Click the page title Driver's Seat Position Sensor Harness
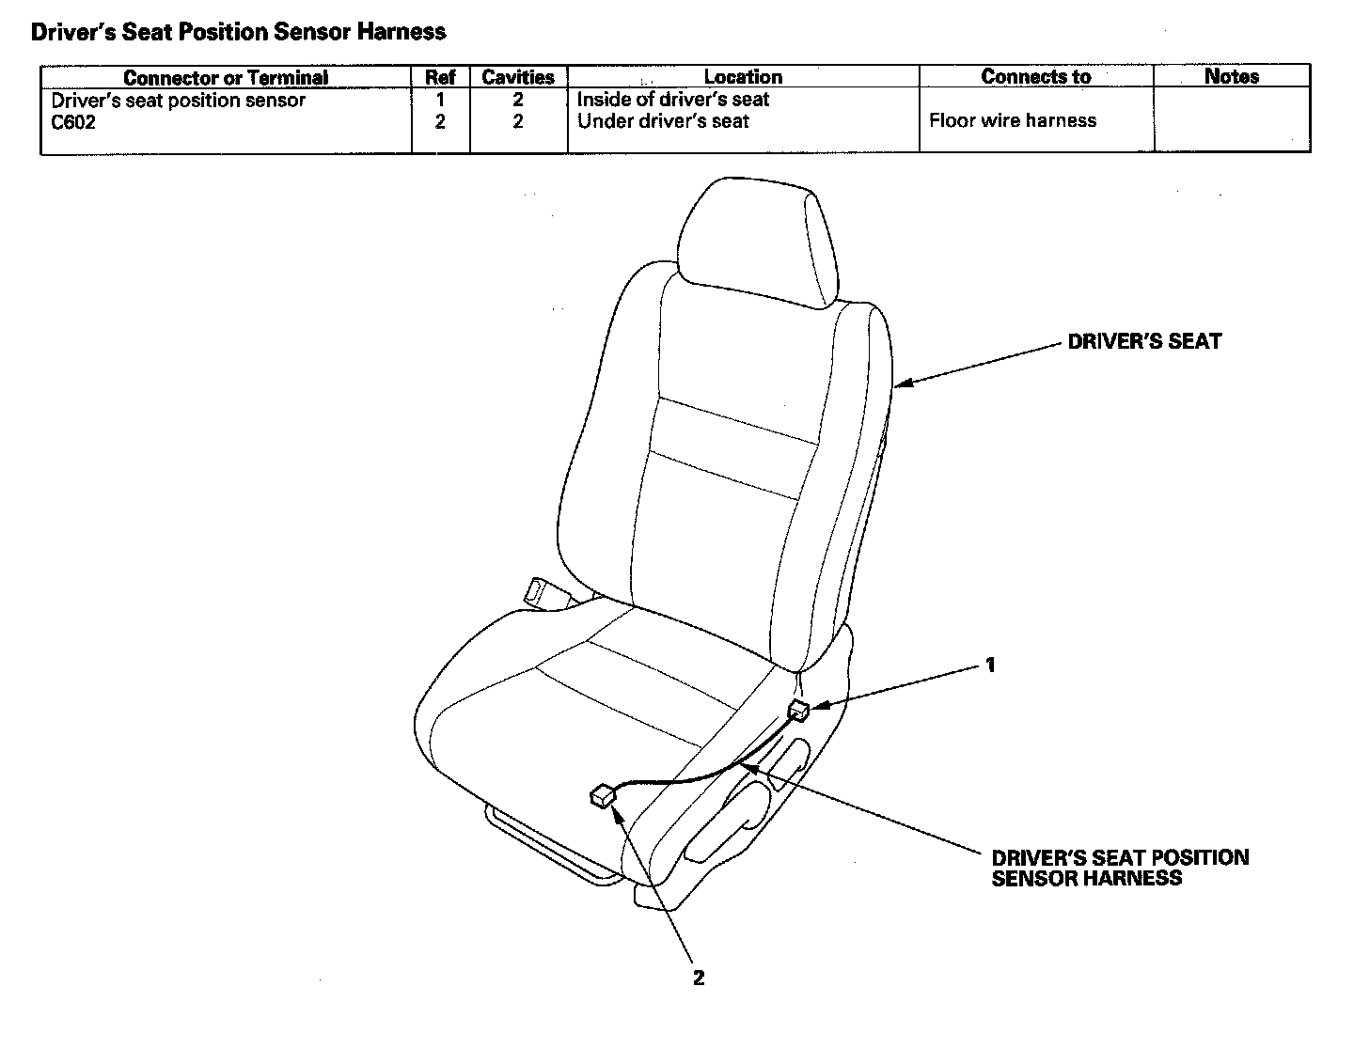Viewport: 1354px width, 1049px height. (238, 32)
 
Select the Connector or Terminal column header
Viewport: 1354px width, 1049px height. (226, 77)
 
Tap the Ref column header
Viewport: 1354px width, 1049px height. (440, 77)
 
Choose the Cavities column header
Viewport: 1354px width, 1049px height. (518, 77)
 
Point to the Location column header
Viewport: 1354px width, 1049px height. (743, 77)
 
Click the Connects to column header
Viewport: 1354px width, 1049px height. (1035, 77)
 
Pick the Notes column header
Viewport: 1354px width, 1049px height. (1231, 77)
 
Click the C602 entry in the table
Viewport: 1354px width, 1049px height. (73, 122)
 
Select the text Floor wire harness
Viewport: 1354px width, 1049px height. (1013, 120)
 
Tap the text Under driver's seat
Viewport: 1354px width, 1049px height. (663, 121)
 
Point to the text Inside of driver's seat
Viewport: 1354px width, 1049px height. (673, 100)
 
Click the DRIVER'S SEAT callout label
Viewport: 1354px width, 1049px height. (1144, 342)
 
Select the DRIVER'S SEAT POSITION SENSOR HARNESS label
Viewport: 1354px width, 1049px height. (1120, 868)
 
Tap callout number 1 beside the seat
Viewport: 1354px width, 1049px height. (989, 665)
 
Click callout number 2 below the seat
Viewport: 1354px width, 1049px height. (698, 978)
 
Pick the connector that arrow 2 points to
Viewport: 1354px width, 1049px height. (600, 796)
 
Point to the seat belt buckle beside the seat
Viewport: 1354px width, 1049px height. (543, 593)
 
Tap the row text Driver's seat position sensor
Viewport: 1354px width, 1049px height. (178, 101)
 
